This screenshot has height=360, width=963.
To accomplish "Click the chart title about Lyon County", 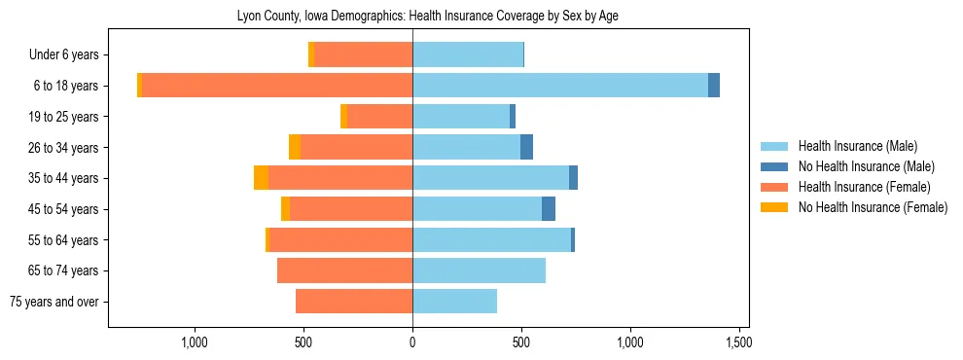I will (427, 17).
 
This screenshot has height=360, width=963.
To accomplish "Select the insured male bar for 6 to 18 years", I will (560, 86).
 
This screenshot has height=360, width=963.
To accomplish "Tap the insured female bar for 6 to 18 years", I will (277, 86).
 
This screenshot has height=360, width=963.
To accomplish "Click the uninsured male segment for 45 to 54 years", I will (549, 209).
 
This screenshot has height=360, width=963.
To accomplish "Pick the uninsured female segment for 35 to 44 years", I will (261, 178).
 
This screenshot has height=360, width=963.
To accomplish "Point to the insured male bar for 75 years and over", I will (454, 302).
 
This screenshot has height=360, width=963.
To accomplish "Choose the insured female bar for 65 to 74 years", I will (344, 270).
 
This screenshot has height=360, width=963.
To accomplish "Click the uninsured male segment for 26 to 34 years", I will (526, 147).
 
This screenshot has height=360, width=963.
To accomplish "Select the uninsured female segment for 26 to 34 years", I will (295, 147).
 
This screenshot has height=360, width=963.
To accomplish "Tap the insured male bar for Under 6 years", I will (468, 54).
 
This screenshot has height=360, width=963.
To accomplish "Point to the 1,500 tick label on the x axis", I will (739, 343).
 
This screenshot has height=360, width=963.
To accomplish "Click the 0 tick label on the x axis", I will (412, 343).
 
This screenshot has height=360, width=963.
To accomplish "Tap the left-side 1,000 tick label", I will (195, 343).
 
